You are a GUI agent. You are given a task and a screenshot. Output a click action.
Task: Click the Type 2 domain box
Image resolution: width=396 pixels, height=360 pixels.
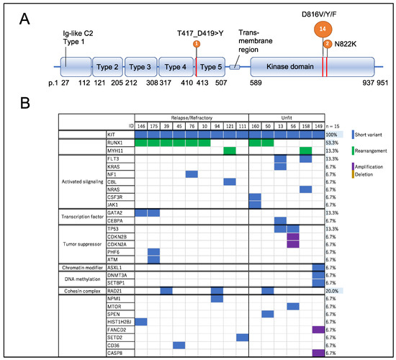coord(107,67)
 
